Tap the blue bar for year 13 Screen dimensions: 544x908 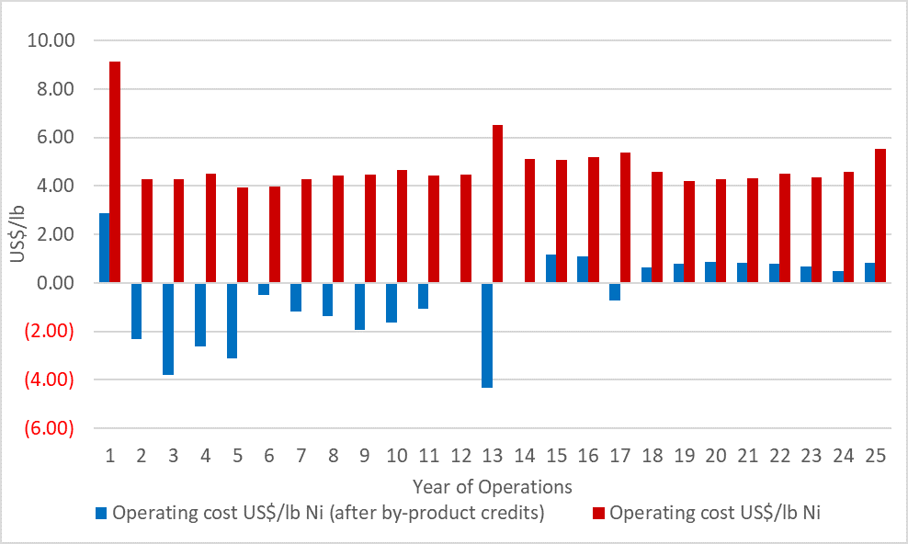click(487, 335)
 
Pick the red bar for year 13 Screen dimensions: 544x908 click(497, 204)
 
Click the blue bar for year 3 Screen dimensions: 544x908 click(168, 329)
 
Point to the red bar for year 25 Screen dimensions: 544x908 click(880, 216)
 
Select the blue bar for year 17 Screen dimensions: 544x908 click(615, 291)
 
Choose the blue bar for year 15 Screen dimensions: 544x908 click(551, 268)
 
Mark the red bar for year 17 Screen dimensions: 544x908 click(625, 218)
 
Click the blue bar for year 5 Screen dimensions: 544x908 click(232, 321)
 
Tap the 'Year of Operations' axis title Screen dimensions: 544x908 click(492, 486)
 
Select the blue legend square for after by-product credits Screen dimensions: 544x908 click(101, 514)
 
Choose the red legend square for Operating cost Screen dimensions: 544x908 click(598, 514)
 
